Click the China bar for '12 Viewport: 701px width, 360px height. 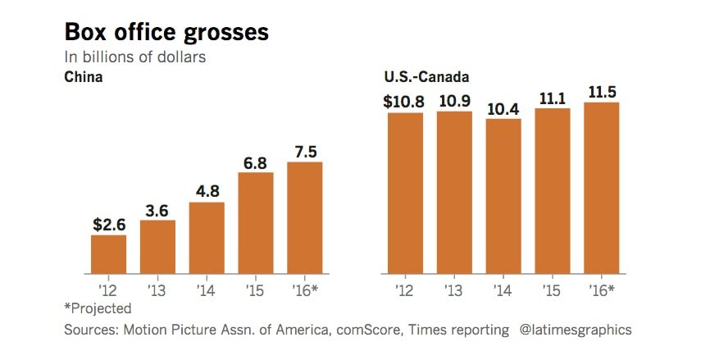point(109,254)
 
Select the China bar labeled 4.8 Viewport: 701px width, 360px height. point(207,238)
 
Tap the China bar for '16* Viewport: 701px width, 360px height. point(304,217)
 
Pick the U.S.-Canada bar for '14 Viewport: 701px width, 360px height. point(503,197)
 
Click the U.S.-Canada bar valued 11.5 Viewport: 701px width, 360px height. point(601,188)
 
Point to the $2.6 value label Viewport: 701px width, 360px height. point(108,225)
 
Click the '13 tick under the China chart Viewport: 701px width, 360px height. point(157,289)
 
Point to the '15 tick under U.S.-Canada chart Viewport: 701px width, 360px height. point(552,289)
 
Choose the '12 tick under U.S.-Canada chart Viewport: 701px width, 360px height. point(404,289)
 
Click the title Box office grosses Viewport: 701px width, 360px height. point(166,33)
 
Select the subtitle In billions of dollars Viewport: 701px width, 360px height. point(135,57)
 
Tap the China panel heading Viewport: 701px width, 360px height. point(83,78)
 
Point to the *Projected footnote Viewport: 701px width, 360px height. point(98,308)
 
